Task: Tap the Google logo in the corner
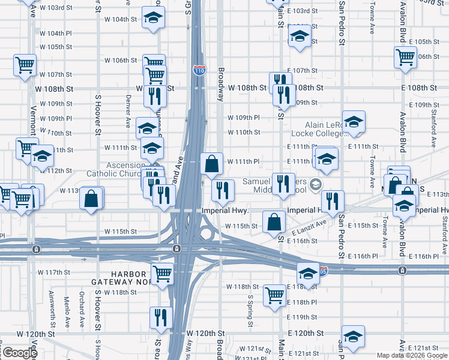19,352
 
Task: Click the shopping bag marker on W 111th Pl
212,163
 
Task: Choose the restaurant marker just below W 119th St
160,316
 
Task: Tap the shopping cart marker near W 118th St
274,295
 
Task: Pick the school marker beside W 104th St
154,18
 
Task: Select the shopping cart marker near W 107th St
25,65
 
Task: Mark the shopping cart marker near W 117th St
162,274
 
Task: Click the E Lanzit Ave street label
309,227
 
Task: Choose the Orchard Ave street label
82,312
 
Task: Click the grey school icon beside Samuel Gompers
317,184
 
